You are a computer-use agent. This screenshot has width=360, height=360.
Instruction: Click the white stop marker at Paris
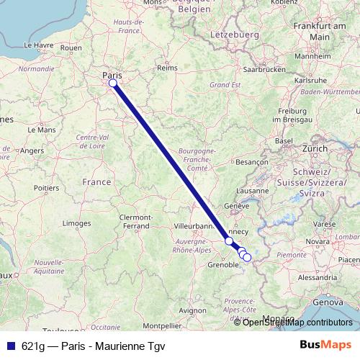(x=113, y=84)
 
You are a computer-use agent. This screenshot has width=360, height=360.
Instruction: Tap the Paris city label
(x=112, y=74)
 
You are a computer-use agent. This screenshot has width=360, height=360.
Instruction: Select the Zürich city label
(x=315, y=148)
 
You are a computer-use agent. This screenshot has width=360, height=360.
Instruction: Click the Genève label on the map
(x=237, y=205)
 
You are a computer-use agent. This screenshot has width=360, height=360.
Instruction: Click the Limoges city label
(x=76, y=224)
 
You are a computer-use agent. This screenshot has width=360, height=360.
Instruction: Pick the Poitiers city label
(x=46, y=187)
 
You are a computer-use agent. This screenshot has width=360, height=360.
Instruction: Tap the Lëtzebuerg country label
(x=235, y=34)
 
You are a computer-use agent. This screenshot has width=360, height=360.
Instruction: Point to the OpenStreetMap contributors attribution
(x=297, y=322)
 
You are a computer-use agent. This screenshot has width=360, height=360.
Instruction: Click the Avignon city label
(x=192, y=310)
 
